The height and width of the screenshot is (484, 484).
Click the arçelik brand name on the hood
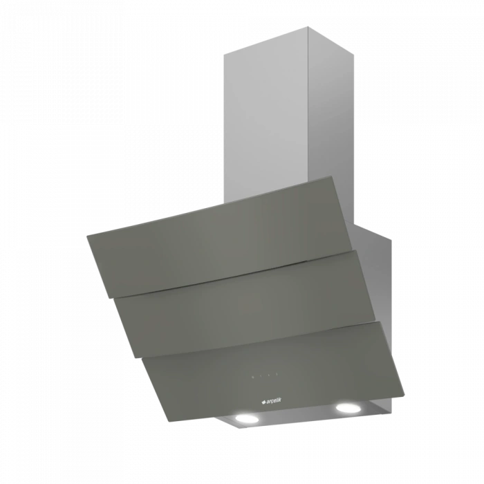pyautogui.click(x=274, y=401)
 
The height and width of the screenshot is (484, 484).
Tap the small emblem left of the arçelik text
pyautogui.click(x=263, y=402)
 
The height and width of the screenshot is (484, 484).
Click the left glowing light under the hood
pyautogui.click(x=247, y=418)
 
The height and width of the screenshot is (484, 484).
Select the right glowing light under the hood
pyautogui.click(x=348, y=408)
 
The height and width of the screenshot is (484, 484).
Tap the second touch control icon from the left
pyautogui.click(x=261, y=376)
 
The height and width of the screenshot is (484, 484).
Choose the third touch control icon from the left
pyautogui.click(x=269, y=375)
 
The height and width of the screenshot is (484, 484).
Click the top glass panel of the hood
pyautogui.click(x=219, y=236)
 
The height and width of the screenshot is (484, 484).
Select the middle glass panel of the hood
pyautogui.click(x=245, y=304)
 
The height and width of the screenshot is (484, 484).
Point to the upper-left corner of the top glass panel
pyautogui.click(x=86, y=236)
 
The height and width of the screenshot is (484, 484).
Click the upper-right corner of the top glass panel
pyautogui.click(x=331, y=176)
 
